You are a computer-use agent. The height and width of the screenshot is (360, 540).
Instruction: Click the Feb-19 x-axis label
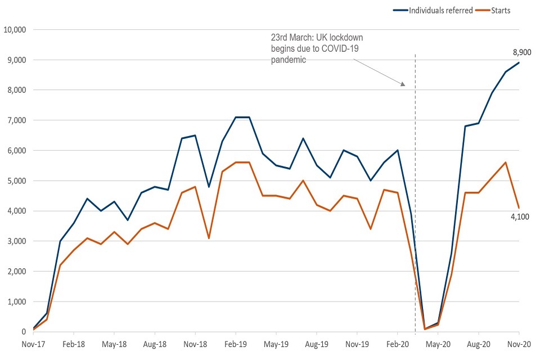pyautogui.click(x=235, y=343)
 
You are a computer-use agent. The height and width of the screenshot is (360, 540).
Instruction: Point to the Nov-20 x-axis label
pyautogui.click(x=517, y=343)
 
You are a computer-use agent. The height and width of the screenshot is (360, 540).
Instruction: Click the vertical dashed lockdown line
pyautogui.click(x=415, y=169)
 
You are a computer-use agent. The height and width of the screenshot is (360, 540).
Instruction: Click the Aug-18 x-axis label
pyautogui.click(x=155, y=343)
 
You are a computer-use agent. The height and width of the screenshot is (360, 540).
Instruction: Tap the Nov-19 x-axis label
pyautogui.click(x=357, y=343)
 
